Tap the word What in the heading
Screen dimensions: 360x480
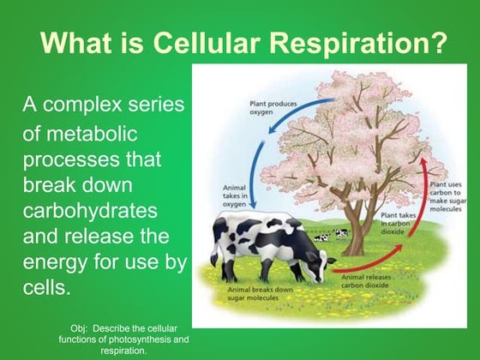[x=77, y=42]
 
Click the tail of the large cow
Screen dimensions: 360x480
[x=217, y=249]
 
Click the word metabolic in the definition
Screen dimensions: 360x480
[x=92, y=136]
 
